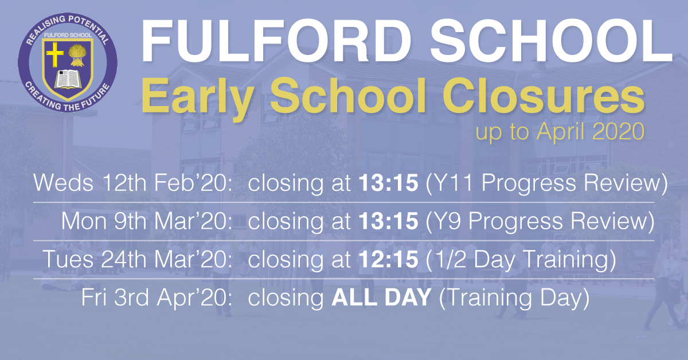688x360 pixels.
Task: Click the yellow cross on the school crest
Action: pyautogui.click(x=54, y=54)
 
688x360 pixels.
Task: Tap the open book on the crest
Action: pyautogui.click(x=68, y=79)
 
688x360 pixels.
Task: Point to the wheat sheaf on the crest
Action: pyautogui.click(x=77, y=55)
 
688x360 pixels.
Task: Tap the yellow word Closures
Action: pyautogui.click(x=544, y=96)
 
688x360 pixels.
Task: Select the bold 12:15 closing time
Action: pyautogui.click(x=389, y=260)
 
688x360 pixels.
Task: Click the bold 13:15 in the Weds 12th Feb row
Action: pyautogui.click(x=389, y=183)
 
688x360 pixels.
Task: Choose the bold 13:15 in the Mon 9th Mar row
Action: pyautogui.click(x=389, y=221)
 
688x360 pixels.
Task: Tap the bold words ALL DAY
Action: pyautogui.click(x=381, y=298)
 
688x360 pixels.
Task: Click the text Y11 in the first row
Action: pyautogui.click(x=454, y=183)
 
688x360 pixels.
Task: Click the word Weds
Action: pyautogui.click(x=63, y=183)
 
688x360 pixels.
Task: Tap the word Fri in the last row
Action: pyautogui.click(x=94, y=298)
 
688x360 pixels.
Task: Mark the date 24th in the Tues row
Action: pyautogui.click(x=124, y=260)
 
